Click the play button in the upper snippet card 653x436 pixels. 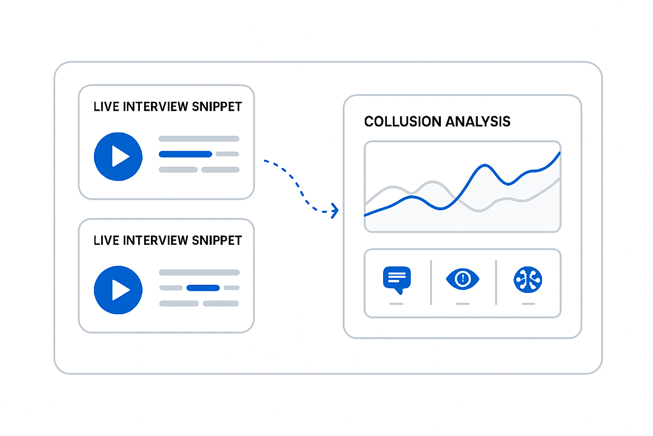pyautogui.click(x=118, y=157)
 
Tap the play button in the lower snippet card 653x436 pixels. pyautogui.click(x=118, y=290)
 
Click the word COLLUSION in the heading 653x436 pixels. pyautogui.click(x=403, y=121)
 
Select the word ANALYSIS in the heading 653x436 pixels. pyautogui.click(x=478, y=121)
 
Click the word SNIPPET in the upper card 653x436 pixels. pyautogui.click(x=217, y=106)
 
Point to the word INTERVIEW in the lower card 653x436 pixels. pyautogui.click(x=156, y=240)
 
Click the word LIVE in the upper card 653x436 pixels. pyautogui.click(x=106, y=106)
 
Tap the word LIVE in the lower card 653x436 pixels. pyautogui.click(x=106, y=240)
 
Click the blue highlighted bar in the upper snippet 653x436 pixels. pyautogui.click(x=185, y=154)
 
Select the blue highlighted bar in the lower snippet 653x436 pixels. pyautogui.click(x=203, y=288)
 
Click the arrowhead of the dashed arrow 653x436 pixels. pyautogui.click(x=335, y=210)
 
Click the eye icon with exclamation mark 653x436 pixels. pyautogui.click(x=463, y=279)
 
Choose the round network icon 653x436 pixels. pyautogui.click(x=528, y=279)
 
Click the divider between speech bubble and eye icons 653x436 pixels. pyautogui.click(x=431, y=282)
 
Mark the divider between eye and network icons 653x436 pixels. pyautogui.click(x=496, y=282)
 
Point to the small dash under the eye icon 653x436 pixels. pyautogui.click(x=463, y=304)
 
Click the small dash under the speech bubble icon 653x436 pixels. pyautogui.click(x=397, y=304)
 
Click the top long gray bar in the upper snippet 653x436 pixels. pyautogui.click(x=199, y=139)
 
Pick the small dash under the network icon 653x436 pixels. pyautogui.click(x=528, y=304)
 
